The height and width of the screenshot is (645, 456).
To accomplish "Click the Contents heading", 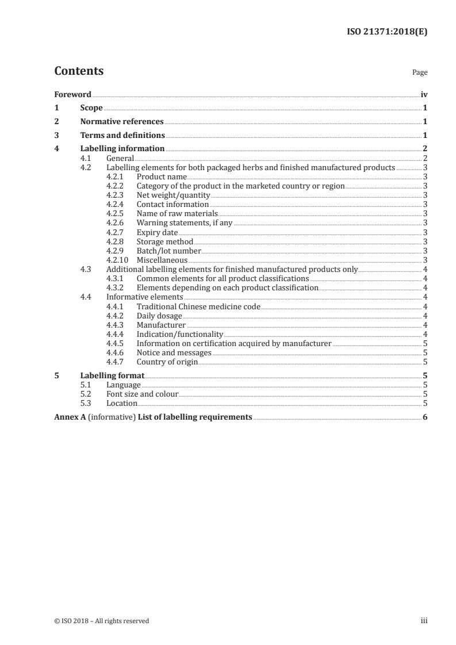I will pyautogui.click(x=79, y=71).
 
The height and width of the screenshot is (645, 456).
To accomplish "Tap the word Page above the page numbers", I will pyautogui.click(x=419, y=73).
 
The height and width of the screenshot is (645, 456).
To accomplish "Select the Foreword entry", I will pyautogui.click(x=72, y=94).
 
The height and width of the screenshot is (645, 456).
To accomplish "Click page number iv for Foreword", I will pyautogui.click(x=424, y=94).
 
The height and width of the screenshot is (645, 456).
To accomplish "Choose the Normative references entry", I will pyautogui.click(x=122, y=122).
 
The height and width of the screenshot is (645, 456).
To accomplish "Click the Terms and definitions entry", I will pyautogui.click(x=122, y=136).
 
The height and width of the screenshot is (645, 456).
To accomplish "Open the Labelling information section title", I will pyautogui.click(x=122, y=149).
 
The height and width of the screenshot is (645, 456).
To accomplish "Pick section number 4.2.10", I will pyautogui.click(x=117, y=260).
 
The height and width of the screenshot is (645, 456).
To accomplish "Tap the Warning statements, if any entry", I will pyautogui.click(x=184, y=223).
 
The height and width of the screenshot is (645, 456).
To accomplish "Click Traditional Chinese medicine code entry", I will pyautogui.click(x=198, y=306).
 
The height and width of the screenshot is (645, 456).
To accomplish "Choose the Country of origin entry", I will pyautogui.click(x=167, y=362).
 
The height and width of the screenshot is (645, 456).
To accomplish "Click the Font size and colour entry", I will pyautogui.click(x=142, y=394).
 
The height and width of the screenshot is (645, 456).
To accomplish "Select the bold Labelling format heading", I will pyautogui.click(x=112, y=376).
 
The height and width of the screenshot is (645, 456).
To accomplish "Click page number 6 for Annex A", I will pyautogui.click(x=424, y=417).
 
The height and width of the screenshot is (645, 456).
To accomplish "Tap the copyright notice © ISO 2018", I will pyautogui.click(x=101, y=621).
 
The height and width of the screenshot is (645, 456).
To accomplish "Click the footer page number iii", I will pyautogui.click(x=424, y=621).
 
